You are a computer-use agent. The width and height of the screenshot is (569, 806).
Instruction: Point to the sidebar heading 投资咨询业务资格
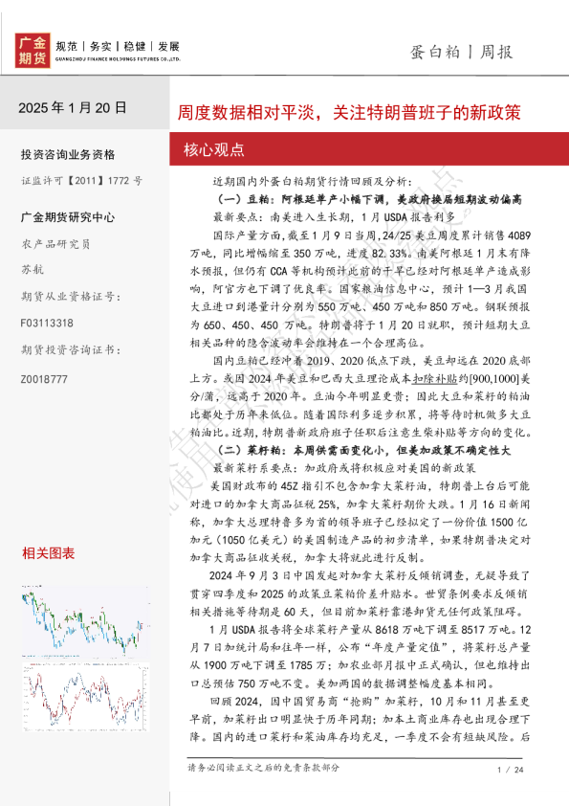[67, 154]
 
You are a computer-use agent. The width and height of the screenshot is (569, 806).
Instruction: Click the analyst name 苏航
[32, 269]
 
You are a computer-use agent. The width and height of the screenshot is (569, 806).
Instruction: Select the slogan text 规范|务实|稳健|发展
[118, 46]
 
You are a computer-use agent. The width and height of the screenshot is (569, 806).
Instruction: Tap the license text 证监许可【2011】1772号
[81, 179]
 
